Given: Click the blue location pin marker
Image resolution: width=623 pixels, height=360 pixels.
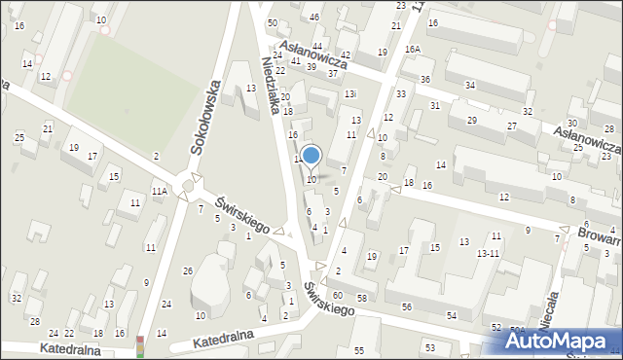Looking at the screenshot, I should pyautogui.click(x=311, y=157).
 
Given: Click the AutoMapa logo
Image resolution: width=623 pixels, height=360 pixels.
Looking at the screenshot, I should pyautogui.click(x=561, y=342).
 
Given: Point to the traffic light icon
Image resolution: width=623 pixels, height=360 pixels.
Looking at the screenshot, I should pyautogui.click(x=140, y=345).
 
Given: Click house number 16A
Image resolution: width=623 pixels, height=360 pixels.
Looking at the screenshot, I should pyautogui.click(x=413, y=49).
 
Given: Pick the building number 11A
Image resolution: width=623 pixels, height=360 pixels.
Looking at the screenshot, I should pyautogui.click(x=159, y=192).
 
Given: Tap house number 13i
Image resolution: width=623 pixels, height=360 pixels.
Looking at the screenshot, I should pyautogui.click(x=350, y=93).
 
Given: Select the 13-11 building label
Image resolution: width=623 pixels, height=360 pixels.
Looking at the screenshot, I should pyautogui.click(x=488, y=253).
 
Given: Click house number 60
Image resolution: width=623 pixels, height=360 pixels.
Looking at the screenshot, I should pyautogui.click(x=337, y=295).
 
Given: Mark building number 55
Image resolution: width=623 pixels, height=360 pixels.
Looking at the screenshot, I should pyautogui.click(x=359, y=350).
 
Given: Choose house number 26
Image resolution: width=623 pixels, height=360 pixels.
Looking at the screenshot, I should pyautogui.click(x=188, y=270).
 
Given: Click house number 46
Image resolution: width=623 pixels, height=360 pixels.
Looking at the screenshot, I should pyautogui.click(x=314, y=18).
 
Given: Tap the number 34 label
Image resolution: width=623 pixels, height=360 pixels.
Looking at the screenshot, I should pyautogui.click(x=470, y=86).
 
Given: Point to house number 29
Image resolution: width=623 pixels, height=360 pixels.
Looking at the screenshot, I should pyautogui.click(x=472, y=120).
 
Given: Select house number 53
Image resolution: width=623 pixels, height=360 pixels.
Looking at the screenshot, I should pyautogui.click(x=429, y=347).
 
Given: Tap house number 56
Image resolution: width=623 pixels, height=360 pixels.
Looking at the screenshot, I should pyautogui.click(x=406, y=307).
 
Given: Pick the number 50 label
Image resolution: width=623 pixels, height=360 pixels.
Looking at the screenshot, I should pyautogui.click(x=273, y=22).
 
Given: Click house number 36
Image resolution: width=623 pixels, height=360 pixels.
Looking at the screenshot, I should pyautogui.click(x=425, y=79).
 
